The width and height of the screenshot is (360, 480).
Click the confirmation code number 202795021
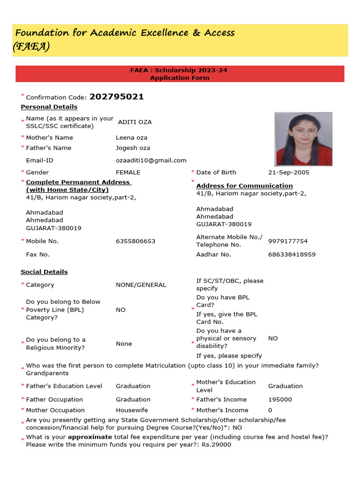[116, 97]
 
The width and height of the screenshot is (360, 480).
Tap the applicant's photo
[303, 139]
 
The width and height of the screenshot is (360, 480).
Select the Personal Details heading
[49, 107]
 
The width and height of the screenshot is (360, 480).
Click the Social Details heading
[44, 272]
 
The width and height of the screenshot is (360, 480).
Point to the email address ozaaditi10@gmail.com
[151, 160]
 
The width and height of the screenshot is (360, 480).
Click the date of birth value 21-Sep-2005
[288, 172]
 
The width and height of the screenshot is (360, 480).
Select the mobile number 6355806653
[135, 241]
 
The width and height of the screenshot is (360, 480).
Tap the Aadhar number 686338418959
[292, 255]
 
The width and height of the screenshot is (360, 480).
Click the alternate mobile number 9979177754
[288, 241]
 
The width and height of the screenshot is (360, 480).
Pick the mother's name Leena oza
[132, 138]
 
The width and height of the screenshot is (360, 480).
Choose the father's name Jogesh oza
[133, 148]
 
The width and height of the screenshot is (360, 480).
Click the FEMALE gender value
[128, 172]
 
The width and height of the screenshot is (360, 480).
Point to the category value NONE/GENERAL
[141, 285]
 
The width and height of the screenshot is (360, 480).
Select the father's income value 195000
[280, 399]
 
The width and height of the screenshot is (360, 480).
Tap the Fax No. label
[38, 255]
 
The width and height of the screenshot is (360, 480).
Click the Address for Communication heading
[244, 186]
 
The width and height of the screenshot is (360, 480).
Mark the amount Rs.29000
[217, 445]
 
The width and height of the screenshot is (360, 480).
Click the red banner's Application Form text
[180, 78]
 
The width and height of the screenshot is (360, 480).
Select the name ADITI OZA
[135, 122]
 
